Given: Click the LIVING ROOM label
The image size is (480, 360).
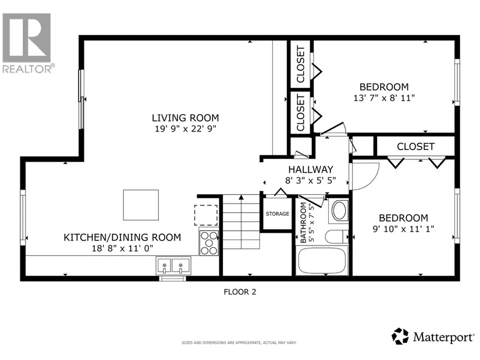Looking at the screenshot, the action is pos(185,118).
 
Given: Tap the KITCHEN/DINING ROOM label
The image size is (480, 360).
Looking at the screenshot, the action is pos(122,237).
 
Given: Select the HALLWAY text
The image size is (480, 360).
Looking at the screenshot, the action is pos(311,169).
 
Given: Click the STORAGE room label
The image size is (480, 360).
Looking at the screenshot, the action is pos(278,213).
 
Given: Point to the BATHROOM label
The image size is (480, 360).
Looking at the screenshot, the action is pos(303,223).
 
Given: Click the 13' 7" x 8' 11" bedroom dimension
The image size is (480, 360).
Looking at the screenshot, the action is pos(384,98).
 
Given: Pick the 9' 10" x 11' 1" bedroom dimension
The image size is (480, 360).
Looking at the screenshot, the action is pos(403,229).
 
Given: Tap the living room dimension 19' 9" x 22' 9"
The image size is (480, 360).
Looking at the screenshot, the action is pos(185,129).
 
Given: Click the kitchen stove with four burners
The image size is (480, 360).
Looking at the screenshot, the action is pos(209,243).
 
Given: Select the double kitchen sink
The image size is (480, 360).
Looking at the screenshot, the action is pos(173,266).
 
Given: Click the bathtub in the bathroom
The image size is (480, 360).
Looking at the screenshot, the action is pos(322,261).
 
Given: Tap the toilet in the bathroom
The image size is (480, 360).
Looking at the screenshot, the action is pos(337,237).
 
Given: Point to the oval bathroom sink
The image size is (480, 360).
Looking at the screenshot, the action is pos(339,211).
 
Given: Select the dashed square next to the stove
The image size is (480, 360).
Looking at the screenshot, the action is pos(206,215).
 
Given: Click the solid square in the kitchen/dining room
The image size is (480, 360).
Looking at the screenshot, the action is pos(141,205).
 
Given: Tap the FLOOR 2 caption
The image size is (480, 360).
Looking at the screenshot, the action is pos(240,292).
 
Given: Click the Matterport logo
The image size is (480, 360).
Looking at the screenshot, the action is pos(433,336).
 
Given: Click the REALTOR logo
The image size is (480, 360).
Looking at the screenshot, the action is pos(27,43).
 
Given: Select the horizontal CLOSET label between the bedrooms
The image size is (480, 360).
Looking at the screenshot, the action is pos(415,147).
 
